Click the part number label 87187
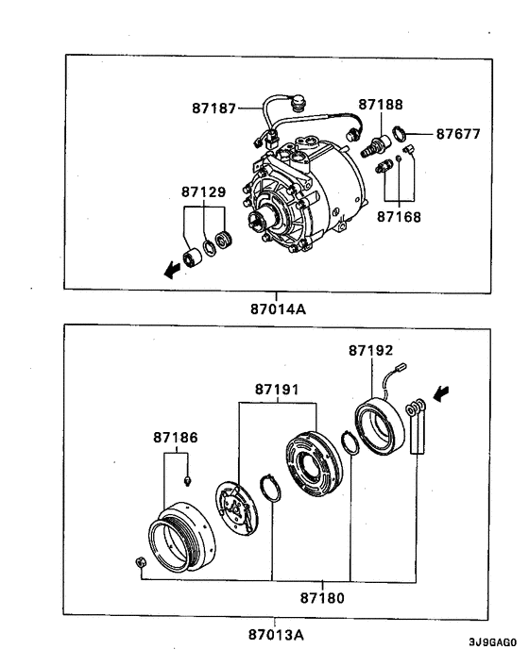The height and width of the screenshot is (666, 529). (213, 109)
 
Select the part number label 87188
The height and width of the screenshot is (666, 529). (380, 103)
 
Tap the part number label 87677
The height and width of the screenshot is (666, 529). (458, 134)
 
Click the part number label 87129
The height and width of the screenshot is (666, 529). (203, 193)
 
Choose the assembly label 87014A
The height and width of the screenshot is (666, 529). (277, 308)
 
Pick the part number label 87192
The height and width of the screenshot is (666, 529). (370, 349)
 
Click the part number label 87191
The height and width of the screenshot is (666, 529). (276, 389)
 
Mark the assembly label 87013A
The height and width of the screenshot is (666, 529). (276, 633)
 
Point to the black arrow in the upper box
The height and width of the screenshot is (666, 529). (171, 271)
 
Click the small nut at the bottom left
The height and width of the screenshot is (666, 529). (140, 564)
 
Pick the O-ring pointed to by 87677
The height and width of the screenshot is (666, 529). (400, 133)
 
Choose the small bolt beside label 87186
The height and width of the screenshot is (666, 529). (189, 480)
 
